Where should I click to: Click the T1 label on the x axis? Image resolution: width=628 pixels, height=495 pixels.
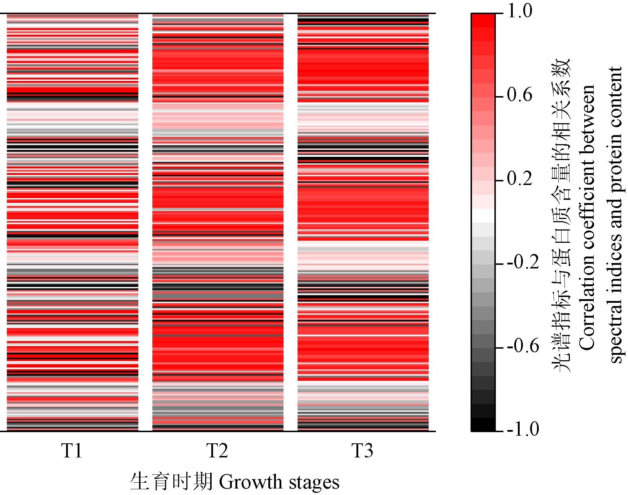(x=72, y=451)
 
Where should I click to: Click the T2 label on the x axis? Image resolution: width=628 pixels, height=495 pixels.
(x=217, y=451)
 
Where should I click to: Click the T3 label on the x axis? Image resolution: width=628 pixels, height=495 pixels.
(x=362, y=451)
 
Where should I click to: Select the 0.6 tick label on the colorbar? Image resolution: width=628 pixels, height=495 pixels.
(x=519, y=95)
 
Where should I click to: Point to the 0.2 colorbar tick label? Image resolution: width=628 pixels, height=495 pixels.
(x=519, y=179)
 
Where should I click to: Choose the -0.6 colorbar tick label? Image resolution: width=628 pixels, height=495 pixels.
(x=523, y=346)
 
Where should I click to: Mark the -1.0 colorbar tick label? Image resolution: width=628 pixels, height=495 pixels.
(x=523, y=430)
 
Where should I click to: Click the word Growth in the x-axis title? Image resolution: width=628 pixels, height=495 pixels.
(x=250, y=482)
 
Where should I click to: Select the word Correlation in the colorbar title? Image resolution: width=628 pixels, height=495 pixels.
(x=587, y=307)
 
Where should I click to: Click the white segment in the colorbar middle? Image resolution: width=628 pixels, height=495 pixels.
(x=483, y=216)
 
